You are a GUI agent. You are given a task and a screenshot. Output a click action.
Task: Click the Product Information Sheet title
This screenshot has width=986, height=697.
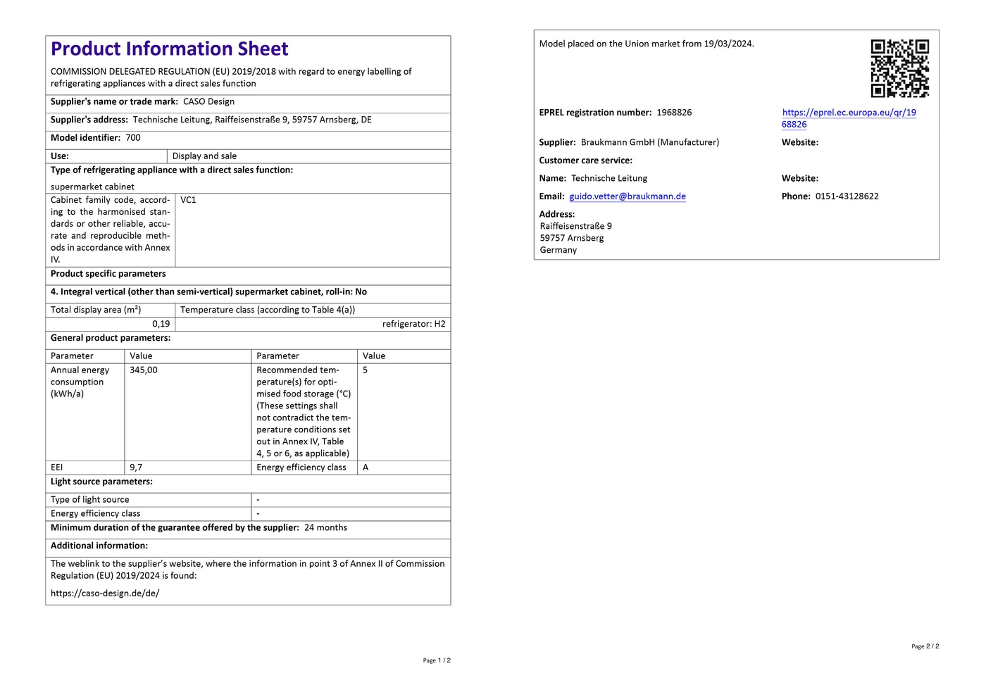click(x=169, y=49)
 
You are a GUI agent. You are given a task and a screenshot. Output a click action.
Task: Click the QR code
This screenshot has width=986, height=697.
click(x=899, y=68)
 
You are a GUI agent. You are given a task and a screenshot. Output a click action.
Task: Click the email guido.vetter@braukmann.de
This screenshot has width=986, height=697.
click(x=627, y=196)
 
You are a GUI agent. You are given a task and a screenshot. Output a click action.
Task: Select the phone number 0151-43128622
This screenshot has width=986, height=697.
click(x=847, y=196)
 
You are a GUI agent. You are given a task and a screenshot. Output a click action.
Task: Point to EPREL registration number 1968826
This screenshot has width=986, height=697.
click(x=674, y=113)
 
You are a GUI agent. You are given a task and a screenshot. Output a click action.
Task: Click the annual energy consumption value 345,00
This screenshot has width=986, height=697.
click(x=144, y=370)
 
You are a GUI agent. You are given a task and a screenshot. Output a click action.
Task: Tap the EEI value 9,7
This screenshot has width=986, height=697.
click(x=136, y=467)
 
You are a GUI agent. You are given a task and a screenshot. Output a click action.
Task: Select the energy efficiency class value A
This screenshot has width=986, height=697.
click(x=366, y=467)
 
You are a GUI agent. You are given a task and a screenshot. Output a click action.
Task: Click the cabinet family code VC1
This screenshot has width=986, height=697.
click(x=188, y=200)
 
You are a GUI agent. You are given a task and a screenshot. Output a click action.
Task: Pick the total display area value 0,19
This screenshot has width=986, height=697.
click(x=161, y=324)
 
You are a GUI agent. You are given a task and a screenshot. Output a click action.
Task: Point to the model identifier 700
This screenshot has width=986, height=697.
click(x=133, y=138)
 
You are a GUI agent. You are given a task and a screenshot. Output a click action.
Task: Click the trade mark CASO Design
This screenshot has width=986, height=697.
click(x=208, y=101)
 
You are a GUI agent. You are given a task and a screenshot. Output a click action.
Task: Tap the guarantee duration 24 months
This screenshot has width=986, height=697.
click(x=325, y=527)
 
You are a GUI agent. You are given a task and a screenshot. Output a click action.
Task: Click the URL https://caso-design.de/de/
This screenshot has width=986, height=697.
click(x=105, y=593)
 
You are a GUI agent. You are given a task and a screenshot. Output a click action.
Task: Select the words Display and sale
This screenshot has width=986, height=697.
click(x=204, y=156)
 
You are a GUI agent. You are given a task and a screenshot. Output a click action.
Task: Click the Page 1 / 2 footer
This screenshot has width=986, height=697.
click(x=437, y=660)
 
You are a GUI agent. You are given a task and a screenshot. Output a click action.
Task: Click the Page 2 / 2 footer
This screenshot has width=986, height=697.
click(x=925, y=646)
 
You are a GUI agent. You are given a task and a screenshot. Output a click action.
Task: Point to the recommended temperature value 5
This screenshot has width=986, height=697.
click(x=365, y=370)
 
